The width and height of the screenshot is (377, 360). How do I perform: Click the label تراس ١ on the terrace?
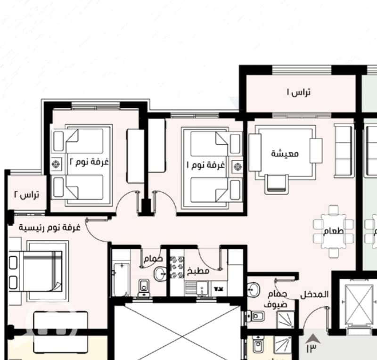(299, 92)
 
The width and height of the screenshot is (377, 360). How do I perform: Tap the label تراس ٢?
(26, 195)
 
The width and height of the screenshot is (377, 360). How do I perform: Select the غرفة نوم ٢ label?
(89, 162)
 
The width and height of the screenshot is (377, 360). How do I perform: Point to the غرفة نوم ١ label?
(206, 165)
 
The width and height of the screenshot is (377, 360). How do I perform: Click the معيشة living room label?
(285, 154)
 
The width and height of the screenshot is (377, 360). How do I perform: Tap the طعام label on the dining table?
(334, 231)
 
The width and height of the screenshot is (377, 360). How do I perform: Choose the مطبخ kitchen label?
(198, 271)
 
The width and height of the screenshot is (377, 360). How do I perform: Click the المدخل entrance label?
(314, 295)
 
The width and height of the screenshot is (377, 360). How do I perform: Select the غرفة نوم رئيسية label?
(49, 228)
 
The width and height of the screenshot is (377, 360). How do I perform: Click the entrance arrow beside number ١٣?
(313, 338)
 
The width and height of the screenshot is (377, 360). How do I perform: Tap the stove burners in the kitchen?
(177, 267)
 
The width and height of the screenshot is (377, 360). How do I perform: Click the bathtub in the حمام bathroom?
(122, 279)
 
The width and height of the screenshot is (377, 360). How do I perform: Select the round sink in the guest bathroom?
(254, 289)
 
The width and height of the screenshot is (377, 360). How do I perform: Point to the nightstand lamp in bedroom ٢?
(56, 164)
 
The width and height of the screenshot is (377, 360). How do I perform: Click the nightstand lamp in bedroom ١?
(238, 166)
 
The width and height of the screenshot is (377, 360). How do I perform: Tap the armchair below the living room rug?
(277, 184)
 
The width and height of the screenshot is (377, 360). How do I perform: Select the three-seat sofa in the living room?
(343, 151)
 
